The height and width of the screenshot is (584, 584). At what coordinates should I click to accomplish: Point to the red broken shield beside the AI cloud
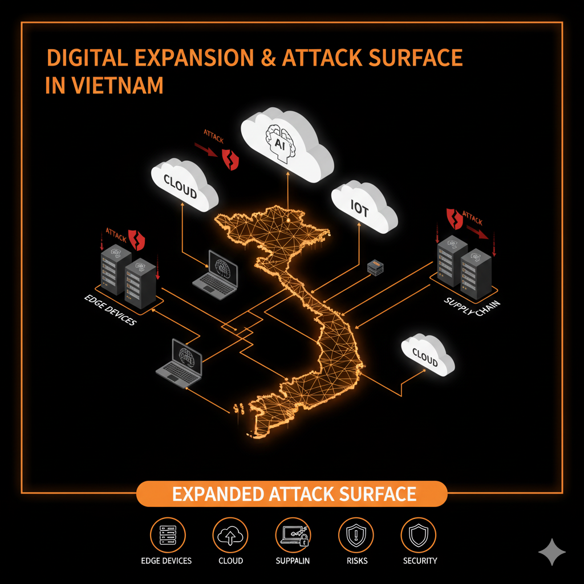point(230,159)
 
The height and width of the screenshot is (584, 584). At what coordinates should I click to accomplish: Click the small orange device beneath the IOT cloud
point(375,267)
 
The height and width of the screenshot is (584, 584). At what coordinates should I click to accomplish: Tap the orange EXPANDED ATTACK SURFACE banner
point(292,493)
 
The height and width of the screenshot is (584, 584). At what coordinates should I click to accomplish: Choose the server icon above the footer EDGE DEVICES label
point(167,535)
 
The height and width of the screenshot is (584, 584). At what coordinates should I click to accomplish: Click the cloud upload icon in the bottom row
point(230,535)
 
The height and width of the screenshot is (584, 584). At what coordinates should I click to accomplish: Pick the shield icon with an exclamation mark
point(355,535)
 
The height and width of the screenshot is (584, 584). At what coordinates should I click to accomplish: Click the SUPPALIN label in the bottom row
point(292,561)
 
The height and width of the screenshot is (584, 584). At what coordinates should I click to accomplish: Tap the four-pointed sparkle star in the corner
point(552,551)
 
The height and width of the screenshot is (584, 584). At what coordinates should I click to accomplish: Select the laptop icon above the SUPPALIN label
point(292,535)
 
